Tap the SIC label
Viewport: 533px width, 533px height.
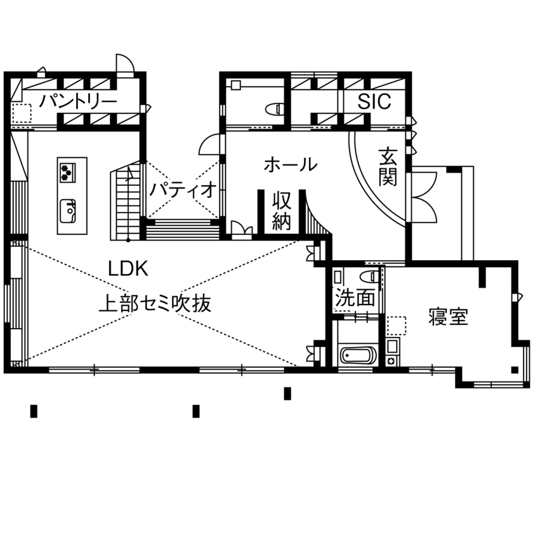click(374, 102)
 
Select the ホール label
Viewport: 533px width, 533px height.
click(290, 165)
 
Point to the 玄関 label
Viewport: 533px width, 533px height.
click(388, 166)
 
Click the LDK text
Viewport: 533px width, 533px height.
click(128, 268)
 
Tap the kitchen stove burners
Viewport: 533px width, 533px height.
click(68, 171)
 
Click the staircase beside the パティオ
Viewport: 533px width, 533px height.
click(128, 201)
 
